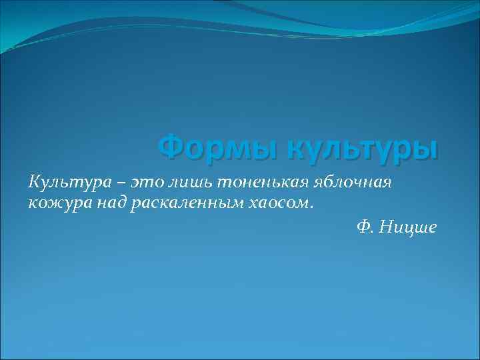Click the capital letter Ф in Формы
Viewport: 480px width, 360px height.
click(x=171, y=146)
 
